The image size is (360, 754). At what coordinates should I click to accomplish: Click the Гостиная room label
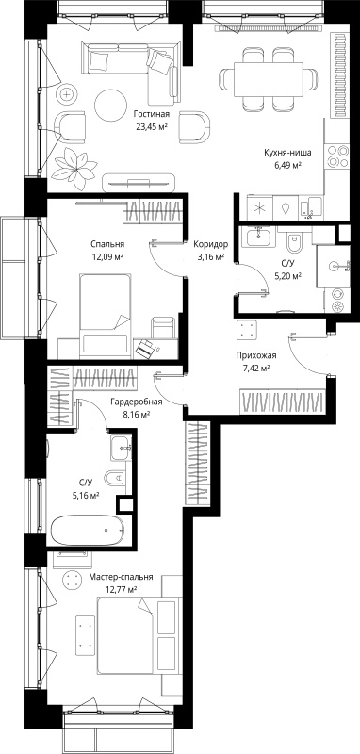click(x=152, y=114)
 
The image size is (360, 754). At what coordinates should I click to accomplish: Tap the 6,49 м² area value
click(x=286, y=166)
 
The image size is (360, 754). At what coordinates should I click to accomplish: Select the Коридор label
click(x=210, y=244)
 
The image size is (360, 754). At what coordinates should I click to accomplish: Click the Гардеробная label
click(x=136, y=402)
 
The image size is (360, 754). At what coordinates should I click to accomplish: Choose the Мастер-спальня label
click(x=122, y=577)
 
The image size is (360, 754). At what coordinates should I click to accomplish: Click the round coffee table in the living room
click(x=110, y=105)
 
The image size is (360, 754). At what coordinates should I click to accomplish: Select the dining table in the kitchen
click(x=269, y=79)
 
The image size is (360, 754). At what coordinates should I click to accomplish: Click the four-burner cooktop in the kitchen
click(x=338, y=156)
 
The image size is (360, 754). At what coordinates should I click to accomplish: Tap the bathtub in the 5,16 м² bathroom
click(x=87, y=530)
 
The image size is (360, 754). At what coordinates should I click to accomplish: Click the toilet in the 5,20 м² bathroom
click(x=293, y=243)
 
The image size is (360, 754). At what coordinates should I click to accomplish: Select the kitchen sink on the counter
click(x=286, y=207)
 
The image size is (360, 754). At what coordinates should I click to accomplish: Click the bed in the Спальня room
click(x=106, y=315)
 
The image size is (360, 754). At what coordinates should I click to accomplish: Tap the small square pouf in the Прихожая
click(x=248, y=331)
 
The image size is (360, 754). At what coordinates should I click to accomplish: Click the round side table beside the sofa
click(x=66, y=95)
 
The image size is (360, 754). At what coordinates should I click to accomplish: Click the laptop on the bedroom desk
click(x=144, y=348)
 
